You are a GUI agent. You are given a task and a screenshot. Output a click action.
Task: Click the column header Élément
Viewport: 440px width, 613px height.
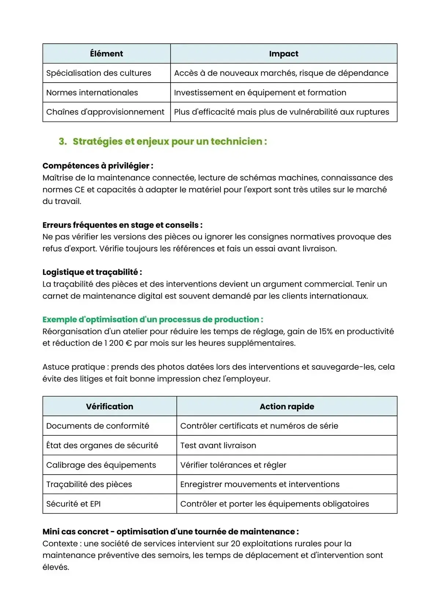[x=106, y=54]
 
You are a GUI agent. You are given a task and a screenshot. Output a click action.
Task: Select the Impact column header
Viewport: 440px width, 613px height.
[x=283, y=54]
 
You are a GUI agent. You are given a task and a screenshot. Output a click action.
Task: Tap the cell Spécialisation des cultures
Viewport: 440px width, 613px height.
[x=99, y=73]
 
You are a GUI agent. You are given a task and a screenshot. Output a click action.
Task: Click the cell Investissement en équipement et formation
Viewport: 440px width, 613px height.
[x=260, y=93]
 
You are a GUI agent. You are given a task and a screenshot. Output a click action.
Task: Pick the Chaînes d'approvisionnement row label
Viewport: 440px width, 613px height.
[x=105, y=112]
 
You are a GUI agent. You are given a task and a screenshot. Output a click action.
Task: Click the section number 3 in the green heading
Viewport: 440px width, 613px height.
[x=62, y=141]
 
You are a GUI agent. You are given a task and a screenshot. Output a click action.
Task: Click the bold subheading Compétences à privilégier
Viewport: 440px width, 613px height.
[x=98, y=166]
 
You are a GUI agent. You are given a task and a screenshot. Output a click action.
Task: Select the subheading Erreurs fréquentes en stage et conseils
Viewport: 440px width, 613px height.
[x=122, y=225]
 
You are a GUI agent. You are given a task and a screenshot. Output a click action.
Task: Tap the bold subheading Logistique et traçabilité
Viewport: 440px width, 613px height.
[x=92, y=272]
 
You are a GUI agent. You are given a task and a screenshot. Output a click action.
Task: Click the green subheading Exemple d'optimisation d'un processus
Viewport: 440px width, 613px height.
[x=153, y=319]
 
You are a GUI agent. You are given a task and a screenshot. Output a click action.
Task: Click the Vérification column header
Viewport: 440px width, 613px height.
[x=110, y=406]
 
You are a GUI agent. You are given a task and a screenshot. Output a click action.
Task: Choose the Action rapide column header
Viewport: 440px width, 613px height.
[x=287, y=406]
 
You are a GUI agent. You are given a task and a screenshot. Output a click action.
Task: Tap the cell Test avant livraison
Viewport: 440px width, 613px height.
[x=218, y=445]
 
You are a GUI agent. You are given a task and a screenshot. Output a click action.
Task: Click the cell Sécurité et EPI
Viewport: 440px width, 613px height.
[x=73, y=504]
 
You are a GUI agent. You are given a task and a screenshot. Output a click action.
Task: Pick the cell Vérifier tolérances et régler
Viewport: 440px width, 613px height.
[x=233, y=465]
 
